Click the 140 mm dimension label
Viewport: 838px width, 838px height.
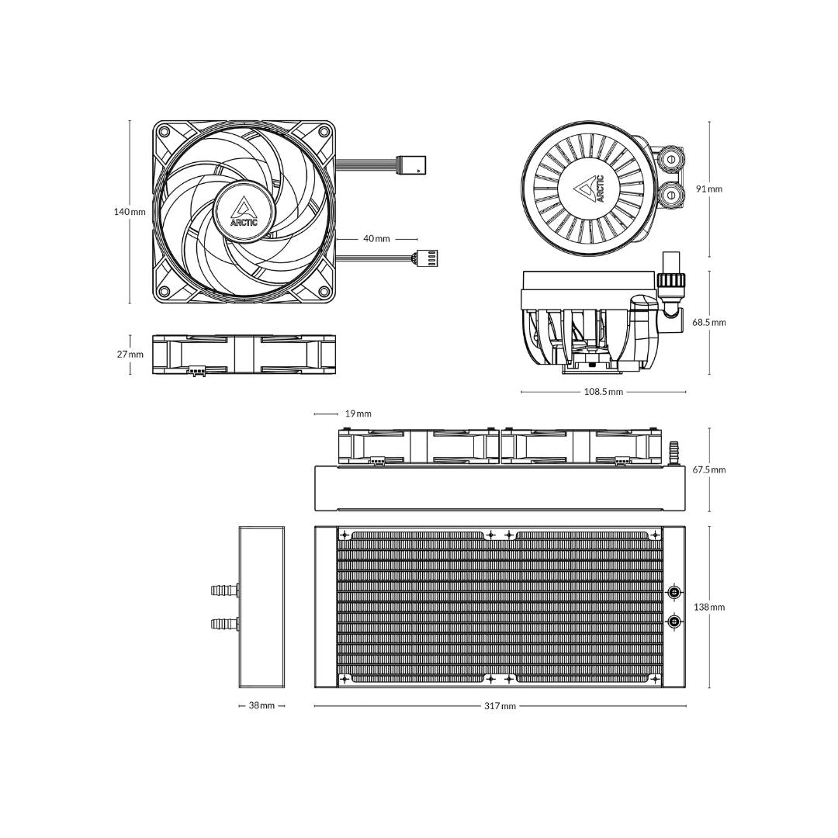point(130,212)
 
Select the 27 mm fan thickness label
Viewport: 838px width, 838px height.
point(130,355)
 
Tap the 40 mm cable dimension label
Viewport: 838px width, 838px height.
point(377,239)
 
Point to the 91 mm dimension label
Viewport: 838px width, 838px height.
point(709,189)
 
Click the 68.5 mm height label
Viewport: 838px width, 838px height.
point(709,322)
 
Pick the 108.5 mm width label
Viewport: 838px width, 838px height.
point(604,392)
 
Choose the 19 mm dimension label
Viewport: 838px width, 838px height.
point(358,414)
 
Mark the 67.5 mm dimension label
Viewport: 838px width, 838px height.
point(709,469)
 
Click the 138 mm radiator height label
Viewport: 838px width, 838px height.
point(709,607)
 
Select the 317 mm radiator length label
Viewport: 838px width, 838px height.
point(500,706)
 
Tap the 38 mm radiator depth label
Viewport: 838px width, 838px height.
point(261,706)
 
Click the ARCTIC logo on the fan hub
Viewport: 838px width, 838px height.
point(244,210)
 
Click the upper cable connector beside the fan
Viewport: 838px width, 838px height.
point(410,164)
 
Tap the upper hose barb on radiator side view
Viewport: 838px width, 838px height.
point(224,590)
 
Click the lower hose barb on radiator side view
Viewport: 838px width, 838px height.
point(224,622)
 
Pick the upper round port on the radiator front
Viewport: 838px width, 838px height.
point(674,593)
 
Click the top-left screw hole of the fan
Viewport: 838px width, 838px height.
point(164,131)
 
